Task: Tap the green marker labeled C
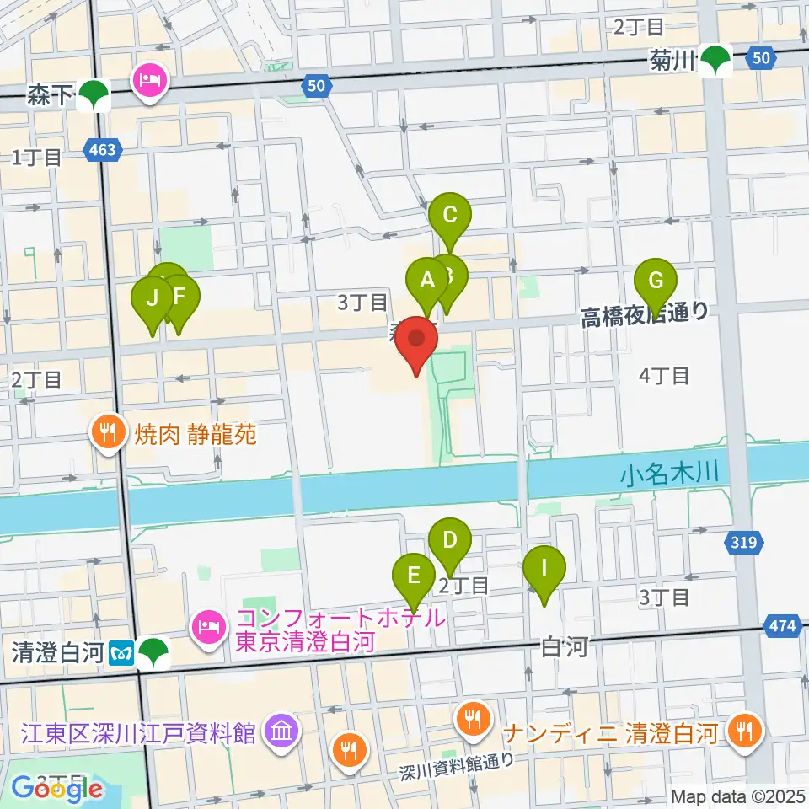(x=449, y=214)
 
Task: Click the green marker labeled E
(x=414, y=576)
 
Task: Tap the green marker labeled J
(x=153, y=298)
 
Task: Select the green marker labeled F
(x=179, y=297)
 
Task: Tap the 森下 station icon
(x=93, y=94)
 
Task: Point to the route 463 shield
(x=104, y=151)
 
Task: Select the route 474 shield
(x=782, y=625)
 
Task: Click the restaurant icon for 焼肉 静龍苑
(x=108, y=433)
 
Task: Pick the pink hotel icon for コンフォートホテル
(x=208, y=625)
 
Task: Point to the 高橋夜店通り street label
(x=645, y=315)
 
